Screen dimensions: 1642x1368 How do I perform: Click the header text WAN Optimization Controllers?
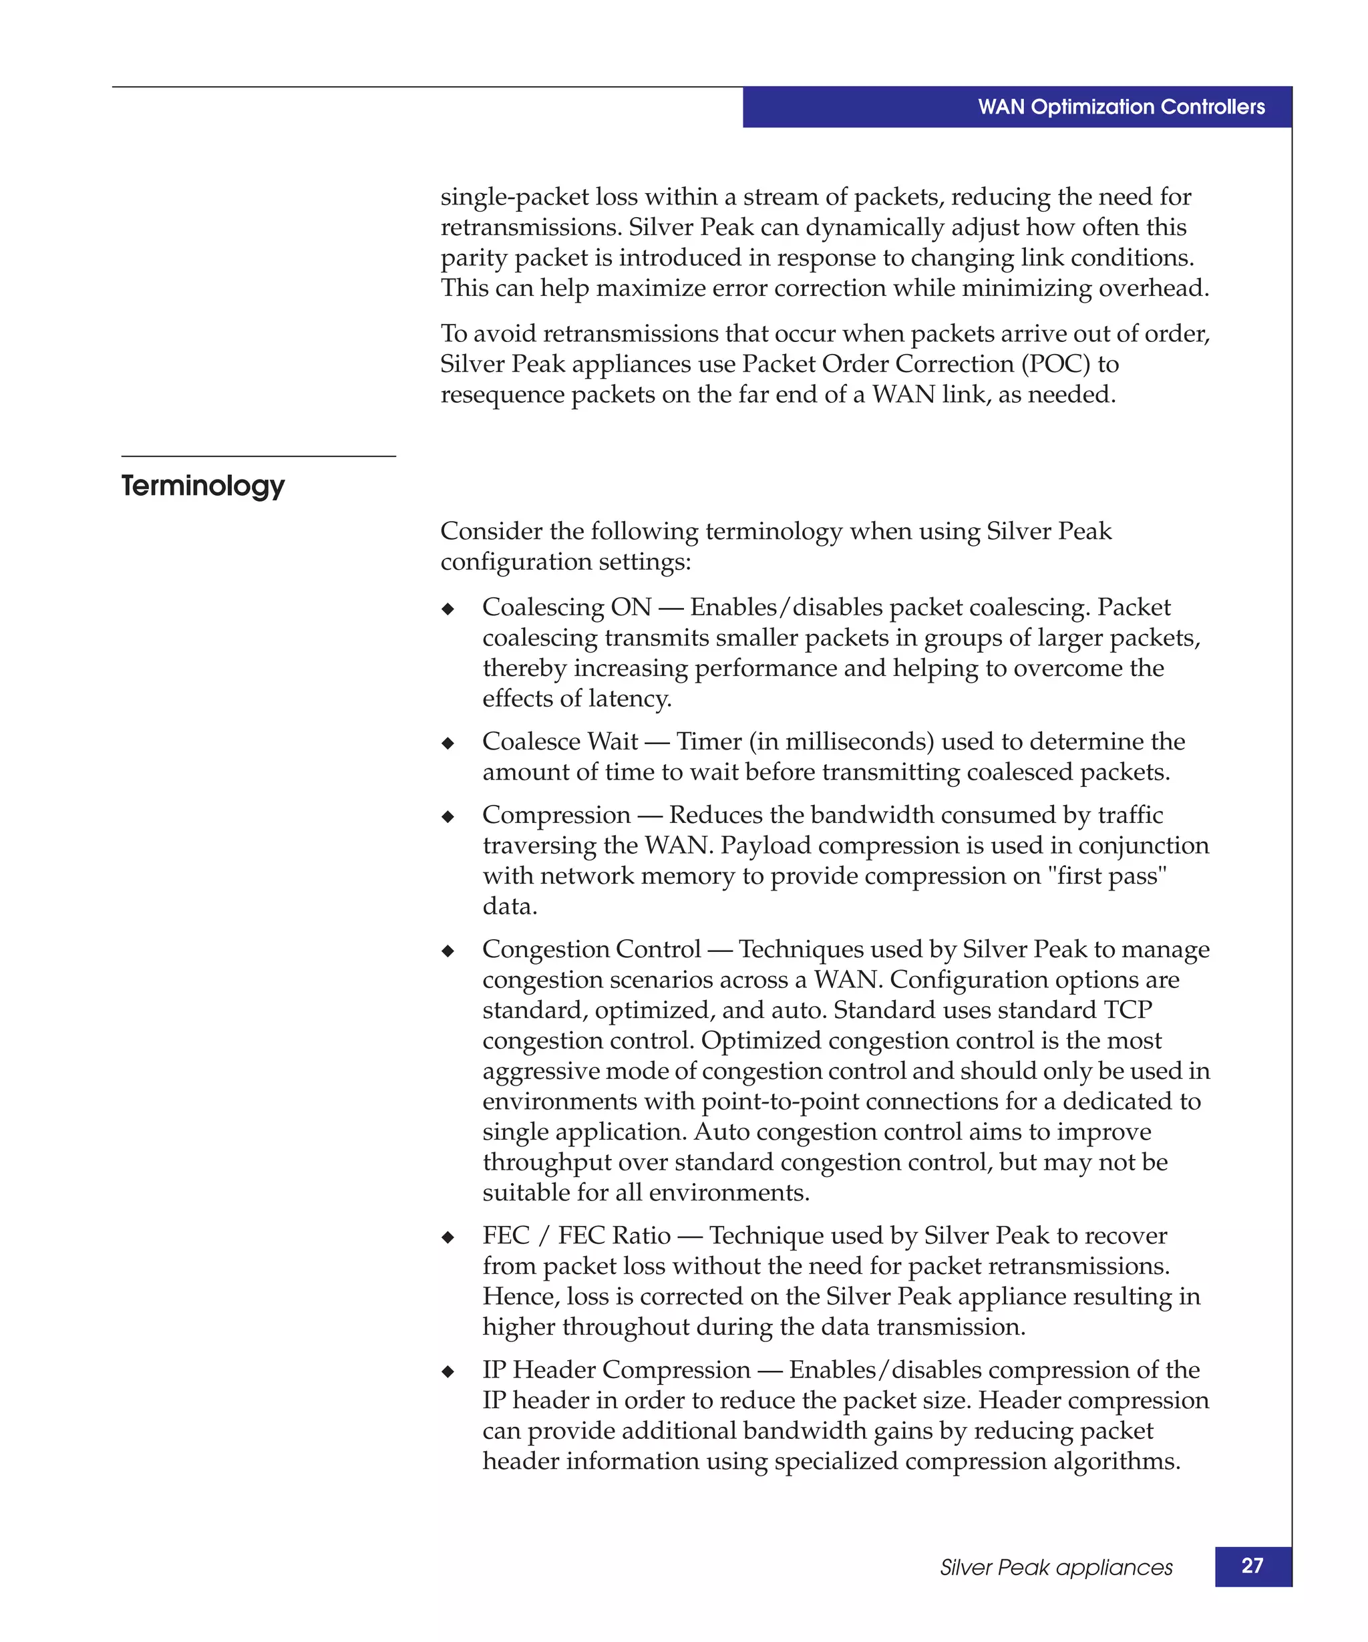1120,107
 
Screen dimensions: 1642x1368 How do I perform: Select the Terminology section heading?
202,486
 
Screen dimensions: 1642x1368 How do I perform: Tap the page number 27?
1252,1565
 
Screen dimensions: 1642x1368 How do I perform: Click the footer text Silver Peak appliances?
1055,1567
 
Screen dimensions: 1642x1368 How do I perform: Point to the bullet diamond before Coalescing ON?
448,609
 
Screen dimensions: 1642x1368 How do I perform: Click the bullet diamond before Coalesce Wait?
448,744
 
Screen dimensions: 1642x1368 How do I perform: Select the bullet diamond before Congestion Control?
448,951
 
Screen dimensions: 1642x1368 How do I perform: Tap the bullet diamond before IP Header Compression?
448,1372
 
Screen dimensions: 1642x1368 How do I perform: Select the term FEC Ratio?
615,1235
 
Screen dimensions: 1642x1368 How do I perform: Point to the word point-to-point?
780,1102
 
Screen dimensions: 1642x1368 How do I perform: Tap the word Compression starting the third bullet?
556,815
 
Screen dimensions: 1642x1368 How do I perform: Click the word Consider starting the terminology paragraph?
491,532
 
